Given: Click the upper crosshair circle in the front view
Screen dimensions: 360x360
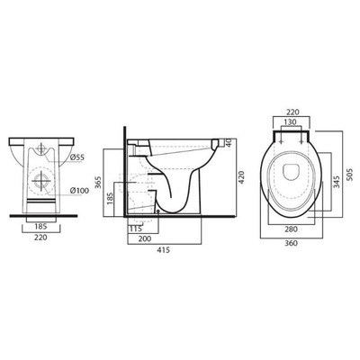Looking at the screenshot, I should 41,153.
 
